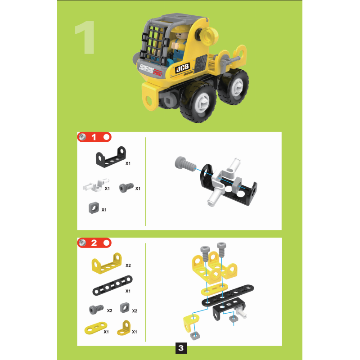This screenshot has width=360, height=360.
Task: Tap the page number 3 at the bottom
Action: coord(180,347)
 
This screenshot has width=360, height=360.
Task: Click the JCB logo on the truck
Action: coord(183,68)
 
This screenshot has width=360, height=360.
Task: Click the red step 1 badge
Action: coord(94,137)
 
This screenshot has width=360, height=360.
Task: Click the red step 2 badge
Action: coord(94,243)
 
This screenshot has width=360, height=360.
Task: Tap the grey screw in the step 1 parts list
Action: coord(126,187)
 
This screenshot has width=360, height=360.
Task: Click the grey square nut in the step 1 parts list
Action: coord(94,207)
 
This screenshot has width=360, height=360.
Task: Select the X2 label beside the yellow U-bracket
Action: coord(128,265)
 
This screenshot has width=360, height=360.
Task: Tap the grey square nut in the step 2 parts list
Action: coord(124,308)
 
